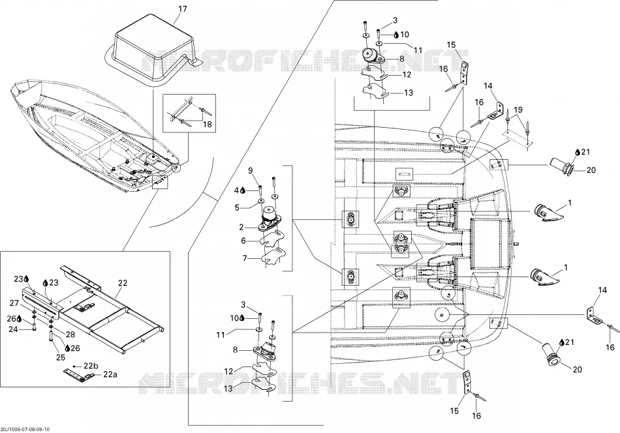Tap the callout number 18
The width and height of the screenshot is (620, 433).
click(x=207, y=125)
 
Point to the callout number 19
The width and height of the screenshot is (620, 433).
click(x=518, y=110)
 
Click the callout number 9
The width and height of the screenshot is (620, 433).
click(x=251, y=171)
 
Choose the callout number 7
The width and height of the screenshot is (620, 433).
click(x=245, y=258)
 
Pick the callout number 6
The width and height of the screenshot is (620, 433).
click(x=243, y=241)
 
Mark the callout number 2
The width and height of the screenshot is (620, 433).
click(x=241, y=227)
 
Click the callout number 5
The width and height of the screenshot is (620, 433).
click(x=238, y=207)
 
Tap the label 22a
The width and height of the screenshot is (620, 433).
click(x=110, y=374)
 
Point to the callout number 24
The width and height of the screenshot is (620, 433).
click(x=13, y=329)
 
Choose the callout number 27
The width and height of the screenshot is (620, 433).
click(x=14, y=303)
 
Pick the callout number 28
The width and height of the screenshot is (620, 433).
click(x=70, y=335)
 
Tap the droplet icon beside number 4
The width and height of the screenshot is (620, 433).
click(x=242, y=191)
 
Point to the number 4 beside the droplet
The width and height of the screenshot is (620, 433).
click(x=236, y=190)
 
